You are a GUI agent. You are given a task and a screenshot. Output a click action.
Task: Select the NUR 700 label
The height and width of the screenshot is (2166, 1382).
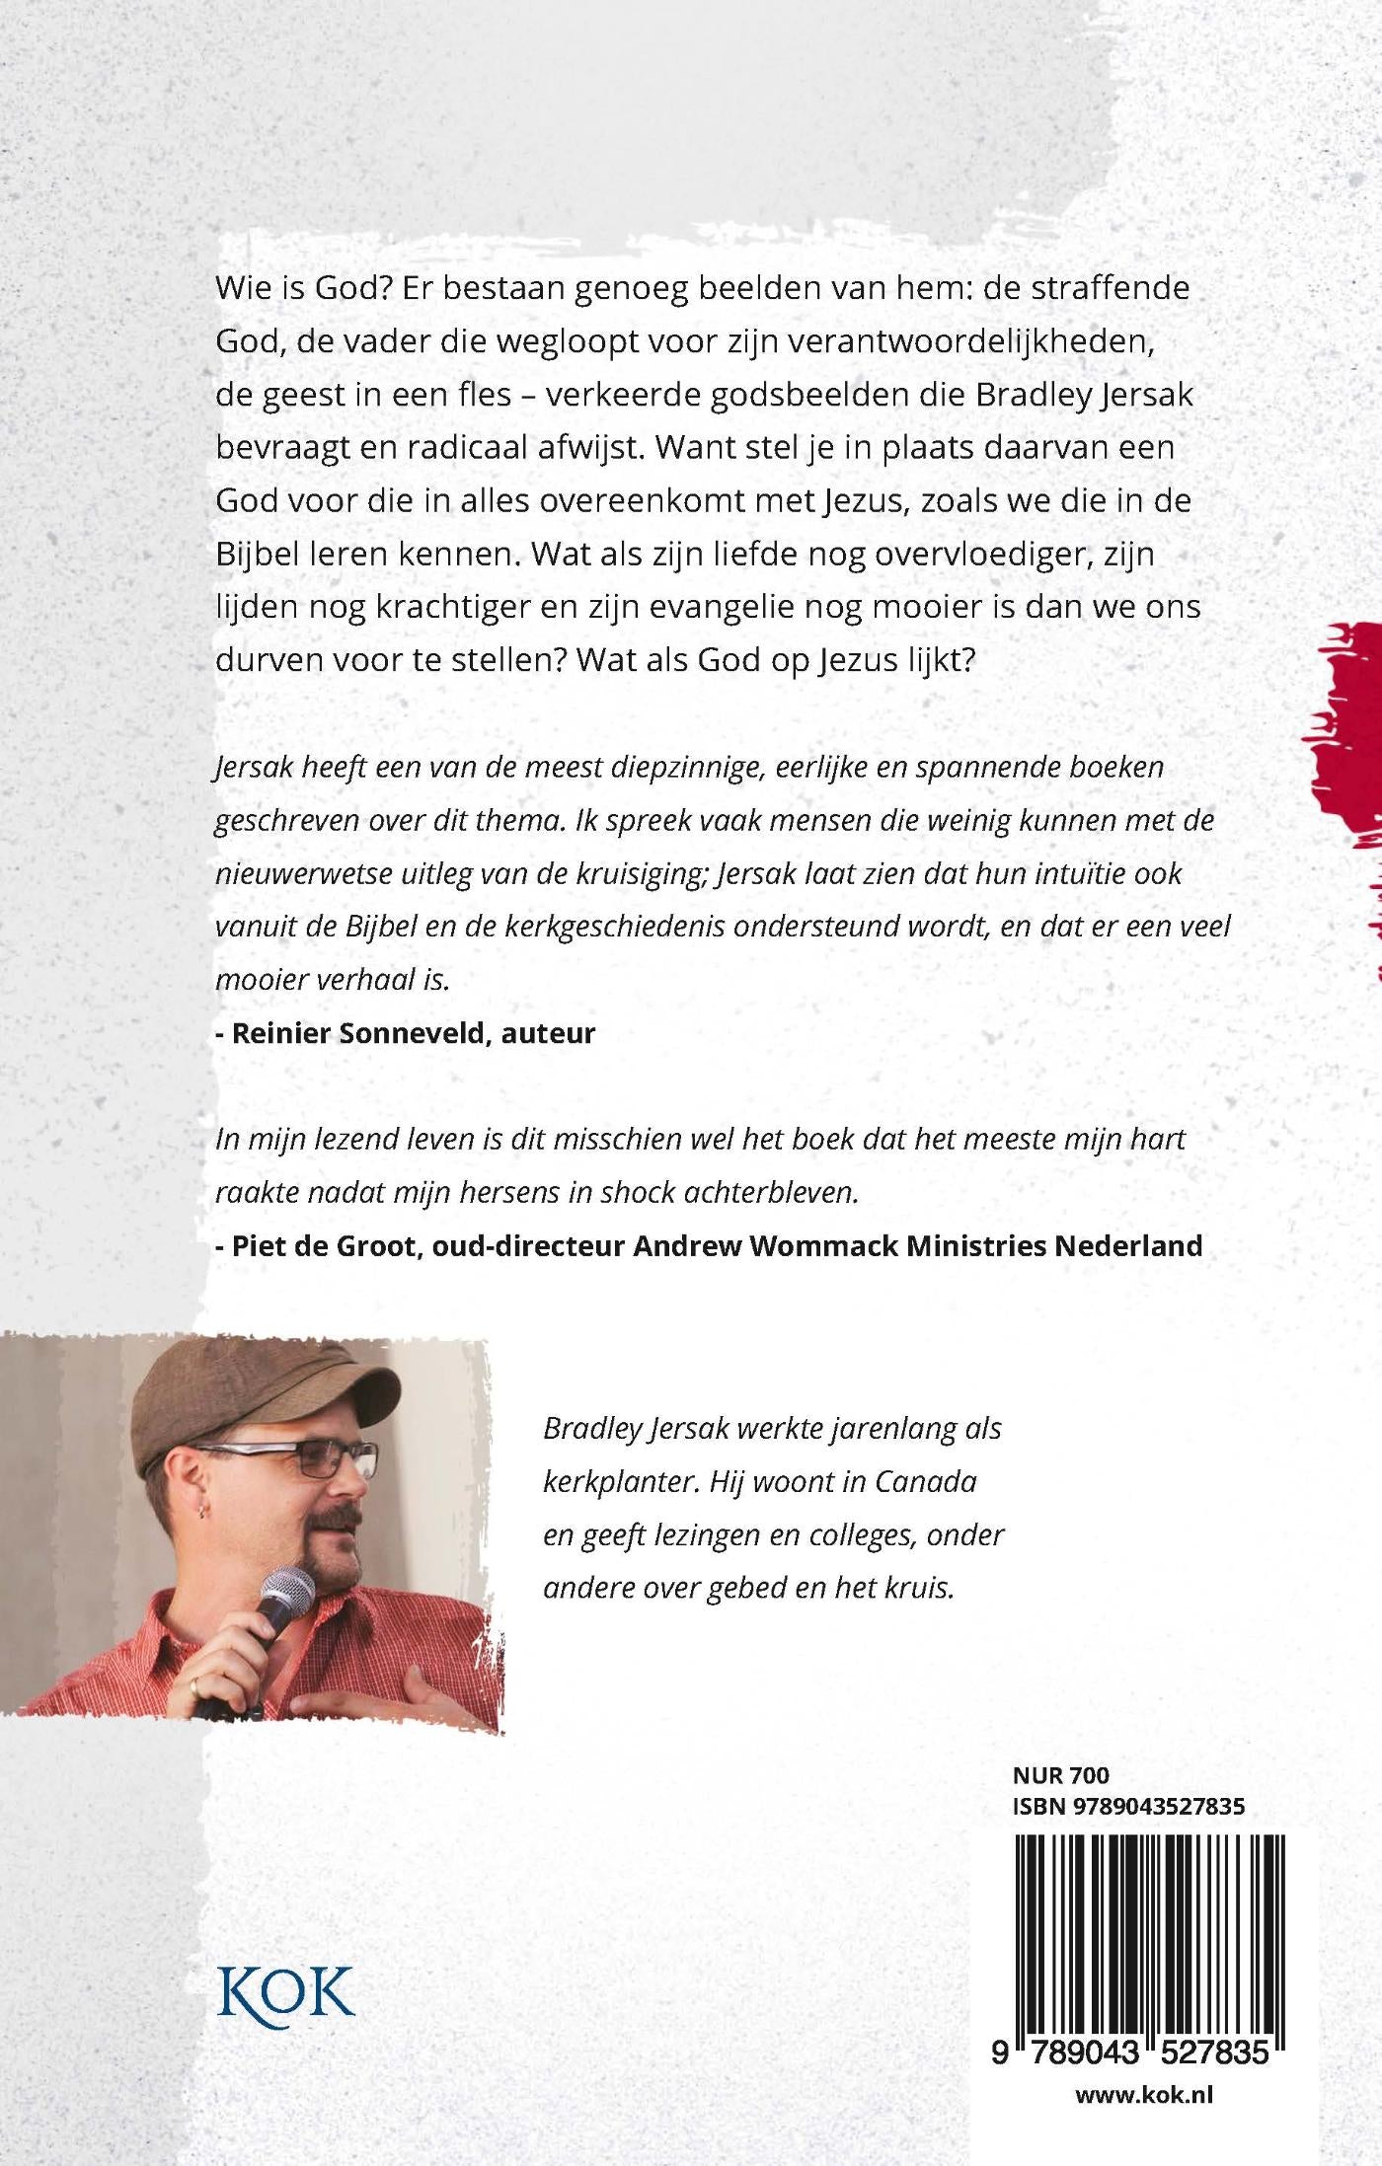coord(1060,1775)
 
